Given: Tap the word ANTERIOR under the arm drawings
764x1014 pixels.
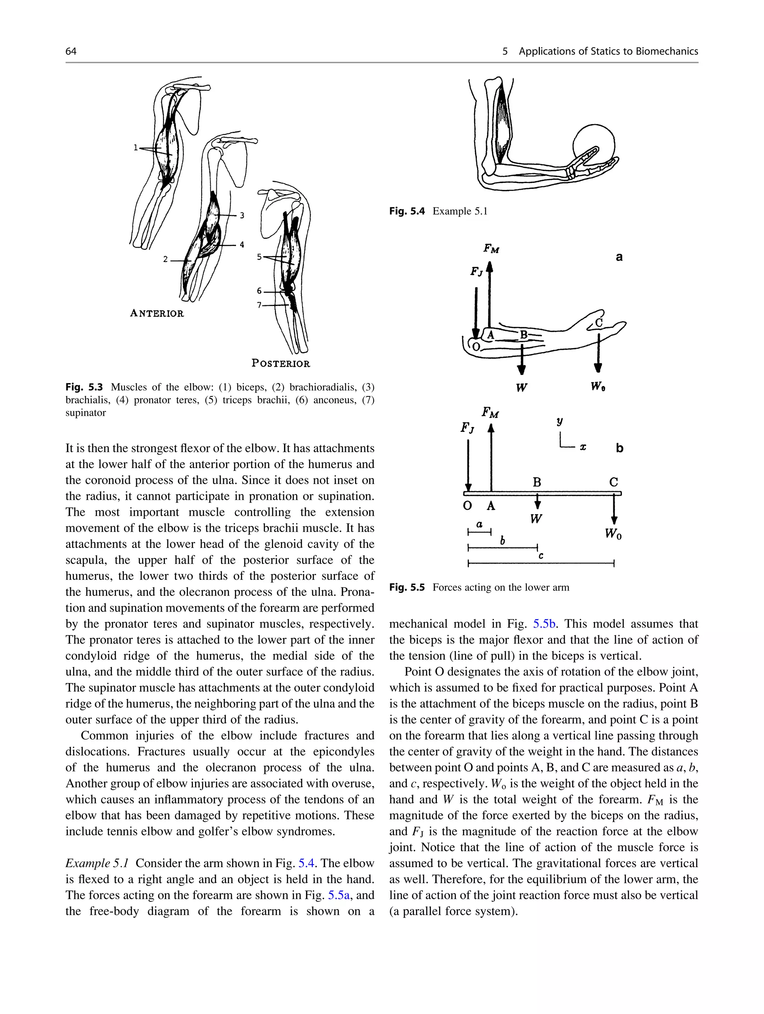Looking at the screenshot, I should [157, 313].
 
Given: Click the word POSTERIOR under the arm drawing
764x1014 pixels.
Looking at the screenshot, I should [281, 363].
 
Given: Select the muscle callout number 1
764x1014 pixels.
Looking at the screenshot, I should [135, 148].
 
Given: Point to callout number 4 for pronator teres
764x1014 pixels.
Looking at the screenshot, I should [242, 245].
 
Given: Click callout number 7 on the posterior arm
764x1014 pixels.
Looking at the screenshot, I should [259, 305].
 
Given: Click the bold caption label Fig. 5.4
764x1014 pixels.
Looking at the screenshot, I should [407, 211].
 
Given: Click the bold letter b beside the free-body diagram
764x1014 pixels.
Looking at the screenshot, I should [620, 448].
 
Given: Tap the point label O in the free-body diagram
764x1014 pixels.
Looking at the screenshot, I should [467, 506].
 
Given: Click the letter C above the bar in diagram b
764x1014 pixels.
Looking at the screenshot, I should [614, 482].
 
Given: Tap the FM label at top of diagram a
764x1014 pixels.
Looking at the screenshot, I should [491, 249].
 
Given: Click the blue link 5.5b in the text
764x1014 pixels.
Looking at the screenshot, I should [545, 624].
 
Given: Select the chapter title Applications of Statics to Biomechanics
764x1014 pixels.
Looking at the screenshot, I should [608, 51].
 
